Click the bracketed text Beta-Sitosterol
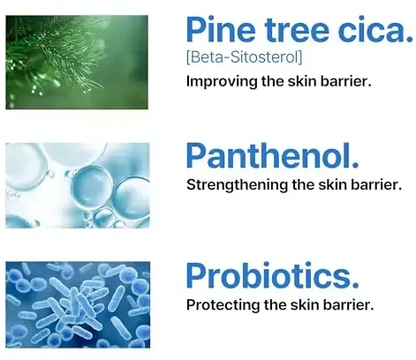[245, 57]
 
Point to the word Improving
[222, 81]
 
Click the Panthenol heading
[273, 155]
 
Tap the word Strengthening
[237, 185]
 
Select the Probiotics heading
[273, 275]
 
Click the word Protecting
[223, 305]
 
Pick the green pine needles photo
[77, 63]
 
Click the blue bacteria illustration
[78, 304]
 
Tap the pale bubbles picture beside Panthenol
[78, 185]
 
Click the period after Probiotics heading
[355, 284]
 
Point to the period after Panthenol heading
[355, 164]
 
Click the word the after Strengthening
[303, 184]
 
